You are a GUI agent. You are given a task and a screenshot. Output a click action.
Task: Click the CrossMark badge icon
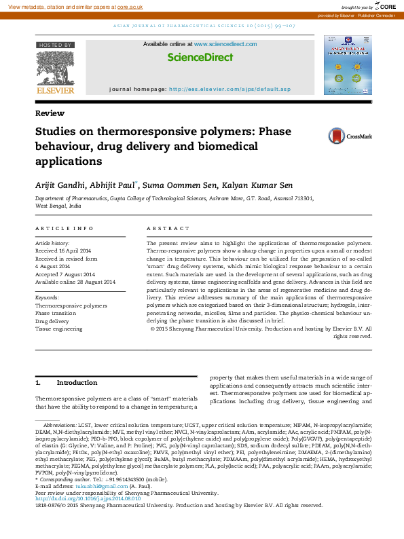337,137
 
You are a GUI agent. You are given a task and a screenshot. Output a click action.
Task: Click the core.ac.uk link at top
130,6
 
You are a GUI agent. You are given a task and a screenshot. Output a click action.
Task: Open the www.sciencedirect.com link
225,44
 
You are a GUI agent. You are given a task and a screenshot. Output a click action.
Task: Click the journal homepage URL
229,90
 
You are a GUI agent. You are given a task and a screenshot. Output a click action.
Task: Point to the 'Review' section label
46,113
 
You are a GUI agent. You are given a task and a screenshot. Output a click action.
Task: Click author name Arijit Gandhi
60,184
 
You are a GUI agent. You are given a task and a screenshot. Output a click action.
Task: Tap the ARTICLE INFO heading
65,229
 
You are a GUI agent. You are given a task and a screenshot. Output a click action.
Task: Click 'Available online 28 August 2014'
75,282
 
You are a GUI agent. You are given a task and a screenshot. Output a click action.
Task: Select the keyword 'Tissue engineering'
58,329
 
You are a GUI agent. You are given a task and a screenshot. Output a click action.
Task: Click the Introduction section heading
77,383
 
